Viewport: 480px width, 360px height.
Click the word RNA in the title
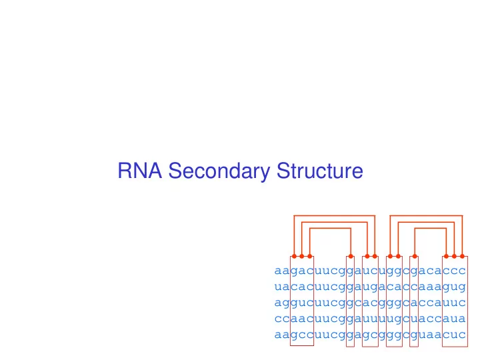(x=139, y=171)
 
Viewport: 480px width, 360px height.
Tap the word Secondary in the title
(x=219, y=171)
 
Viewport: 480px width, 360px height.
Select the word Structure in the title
(x=320, y=171)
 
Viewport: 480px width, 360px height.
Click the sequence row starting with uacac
(x=370, y=287)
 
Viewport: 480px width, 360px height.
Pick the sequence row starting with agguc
(x=370, y=303)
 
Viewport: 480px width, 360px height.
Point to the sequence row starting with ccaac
(x=370, y=319)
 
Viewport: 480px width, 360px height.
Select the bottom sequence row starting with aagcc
(x=370, y=335)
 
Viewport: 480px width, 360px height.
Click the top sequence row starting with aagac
(x=370, y=271)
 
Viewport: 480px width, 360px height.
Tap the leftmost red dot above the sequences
(x=294, y=256)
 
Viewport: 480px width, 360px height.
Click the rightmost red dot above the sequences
(x=462, y=256)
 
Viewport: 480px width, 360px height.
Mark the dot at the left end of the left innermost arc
(x=310, y=256)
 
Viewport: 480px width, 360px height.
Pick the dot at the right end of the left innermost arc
(x=351, y=256)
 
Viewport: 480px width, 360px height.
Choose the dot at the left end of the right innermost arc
(x=415, y=256)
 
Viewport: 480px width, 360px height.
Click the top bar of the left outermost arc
(x=335, y=216)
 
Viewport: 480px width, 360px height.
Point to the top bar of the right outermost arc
(x=426, y=216)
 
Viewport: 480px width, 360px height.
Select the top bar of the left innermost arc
(x=330, y=229)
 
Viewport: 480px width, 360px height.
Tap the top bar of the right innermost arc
(x=431, y=229)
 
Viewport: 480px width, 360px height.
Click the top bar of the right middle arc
(x=426, y=222)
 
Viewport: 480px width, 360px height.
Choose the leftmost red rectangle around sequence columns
(x=290, y=301)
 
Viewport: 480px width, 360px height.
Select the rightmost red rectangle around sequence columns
(x=468, y=301)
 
